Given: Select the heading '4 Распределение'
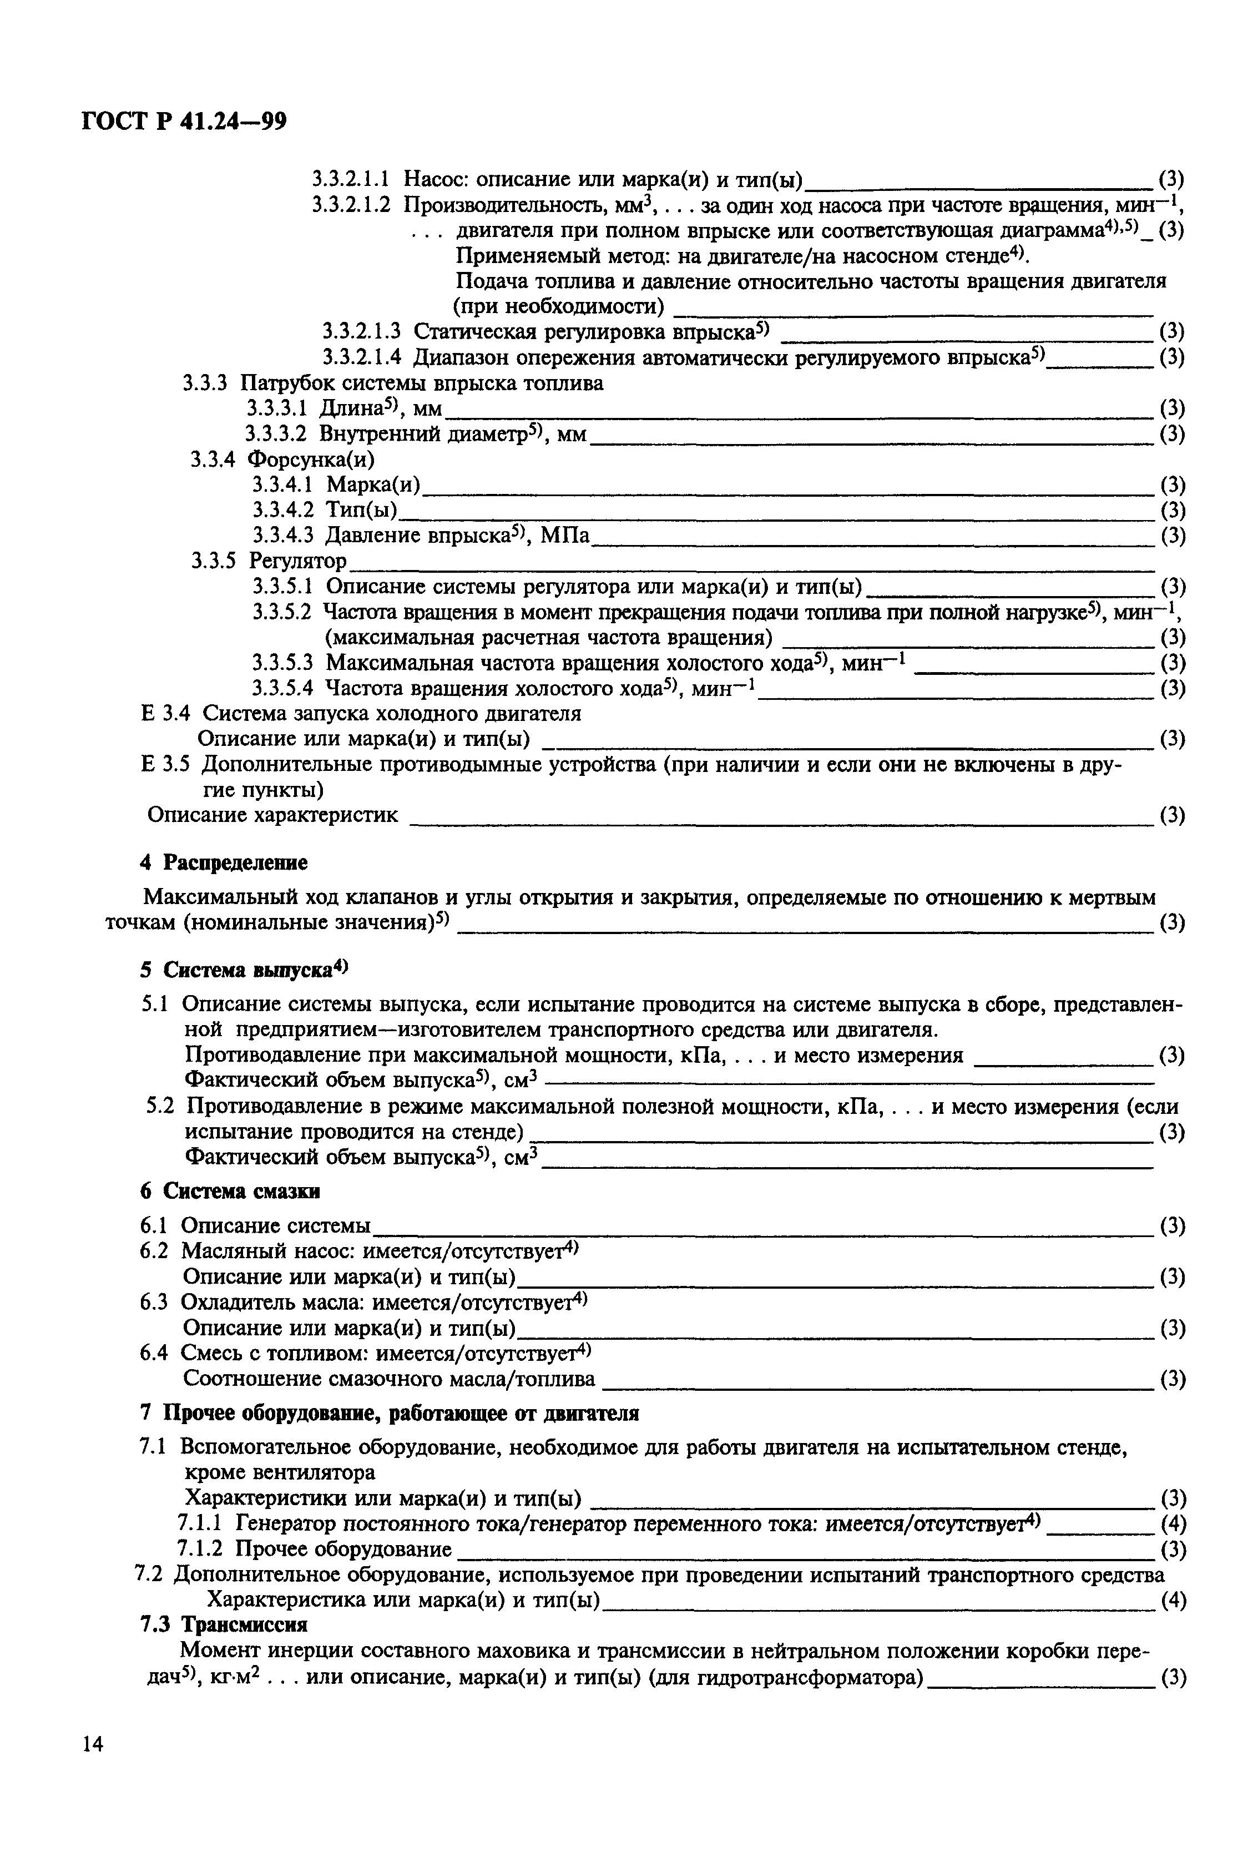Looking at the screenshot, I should coord(224,862).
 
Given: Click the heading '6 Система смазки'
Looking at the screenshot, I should coord(229,1192).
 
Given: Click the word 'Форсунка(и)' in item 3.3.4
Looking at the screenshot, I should coord(311,459).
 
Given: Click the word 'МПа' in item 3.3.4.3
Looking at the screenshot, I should coord(565,535).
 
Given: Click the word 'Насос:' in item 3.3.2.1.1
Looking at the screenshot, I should coord(429,178).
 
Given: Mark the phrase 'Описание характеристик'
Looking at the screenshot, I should coord(273,815).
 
